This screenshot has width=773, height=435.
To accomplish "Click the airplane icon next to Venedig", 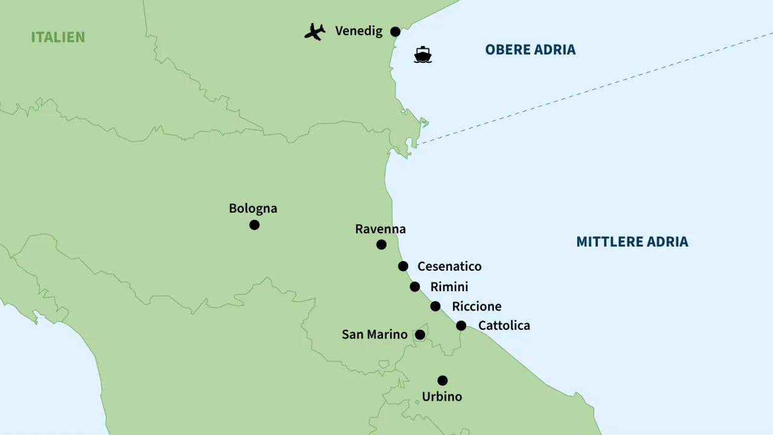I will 315,31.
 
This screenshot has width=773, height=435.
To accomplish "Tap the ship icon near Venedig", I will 423,55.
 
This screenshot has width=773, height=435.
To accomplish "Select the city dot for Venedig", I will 395,31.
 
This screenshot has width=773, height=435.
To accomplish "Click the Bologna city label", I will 253,208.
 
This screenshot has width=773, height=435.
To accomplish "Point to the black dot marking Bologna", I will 254,225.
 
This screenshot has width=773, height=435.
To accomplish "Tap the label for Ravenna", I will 380,229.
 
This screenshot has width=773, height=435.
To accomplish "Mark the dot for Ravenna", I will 381,245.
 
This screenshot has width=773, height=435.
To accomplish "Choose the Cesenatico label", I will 449,266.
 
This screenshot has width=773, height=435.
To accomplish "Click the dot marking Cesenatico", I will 403,266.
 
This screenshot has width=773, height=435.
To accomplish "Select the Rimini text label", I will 449,287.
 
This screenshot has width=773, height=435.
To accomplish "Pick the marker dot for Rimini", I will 415,287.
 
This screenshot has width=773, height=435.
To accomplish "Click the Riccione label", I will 476,306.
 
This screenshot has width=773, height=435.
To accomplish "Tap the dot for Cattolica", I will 461,326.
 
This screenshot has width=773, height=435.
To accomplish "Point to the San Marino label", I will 374,334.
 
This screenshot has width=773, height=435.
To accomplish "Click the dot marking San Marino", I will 420,335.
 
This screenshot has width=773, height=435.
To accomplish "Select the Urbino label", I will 442,397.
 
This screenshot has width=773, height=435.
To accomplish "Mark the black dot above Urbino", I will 443,381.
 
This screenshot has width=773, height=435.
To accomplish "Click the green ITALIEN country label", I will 58,37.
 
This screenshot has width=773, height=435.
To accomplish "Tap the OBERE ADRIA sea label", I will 530,50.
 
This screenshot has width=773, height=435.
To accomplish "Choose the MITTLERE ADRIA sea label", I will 632,242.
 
